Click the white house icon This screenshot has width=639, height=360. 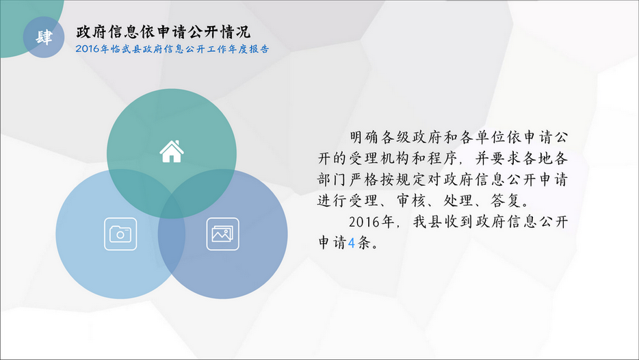[x=172, y=152]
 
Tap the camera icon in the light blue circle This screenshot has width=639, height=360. [x=120, y=234]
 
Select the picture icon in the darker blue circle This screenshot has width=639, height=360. [x=222, y=234]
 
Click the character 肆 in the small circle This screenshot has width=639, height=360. [x=44, y=37]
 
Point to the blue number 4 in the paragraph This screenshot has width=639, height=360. [x=352, y=243]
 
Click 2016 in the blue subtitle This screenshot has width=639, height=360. [x=87, y=49]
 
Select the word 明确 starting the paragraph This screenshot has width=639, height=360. [x=364, y=137]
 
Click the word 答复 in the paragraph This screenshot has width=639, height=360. [x=506, y=201]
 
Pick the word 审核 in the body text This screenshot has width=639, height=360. [x=412, y=201]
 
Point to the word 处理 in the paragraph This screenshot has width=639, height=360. [x=458, y=201]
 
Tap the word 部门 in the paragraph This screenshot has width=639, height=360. [x=332, y=179]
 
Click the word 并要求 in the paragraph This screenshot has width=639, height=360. [x=498, y=158]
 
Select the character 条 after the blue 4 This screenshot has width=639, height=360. [x=364, y=243]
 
